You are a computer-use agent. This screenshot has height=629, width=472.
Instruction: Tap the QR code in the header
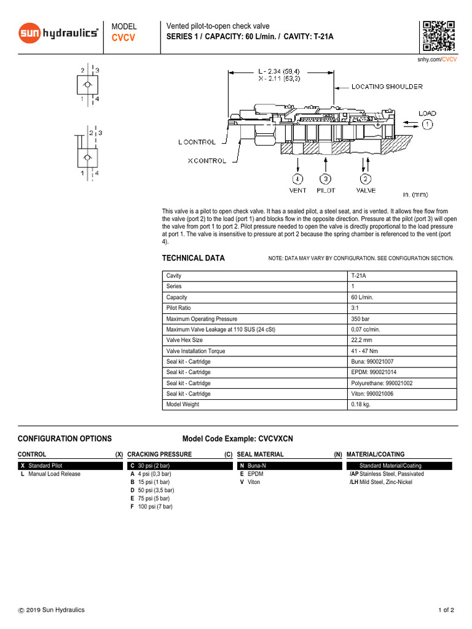tap(438, 36)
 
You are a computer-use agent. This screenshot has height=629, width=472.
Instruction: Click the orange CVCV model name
tap(124, 38)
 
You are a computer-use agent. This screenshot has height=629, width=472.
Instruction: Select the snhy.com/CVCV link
tap(436, 60)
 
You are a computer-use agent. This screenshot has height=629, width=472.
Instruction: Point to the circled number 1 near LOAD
tap(427, 124)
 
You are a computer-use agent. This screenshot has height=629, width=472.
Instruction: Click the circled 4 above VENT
tap(297, 179)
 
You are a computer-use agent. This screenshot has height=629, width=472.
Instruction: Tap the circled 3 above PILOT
tap(326, 179)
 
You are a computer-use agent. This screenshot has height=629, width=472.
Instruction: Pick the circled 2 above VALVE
tap(365, 179)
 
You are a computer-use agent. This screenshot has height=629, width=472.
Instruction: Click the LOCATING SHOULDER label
tap(387, 87)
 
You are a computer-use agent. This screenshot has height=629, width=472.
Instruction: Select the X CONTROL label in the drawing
tap(206, 161)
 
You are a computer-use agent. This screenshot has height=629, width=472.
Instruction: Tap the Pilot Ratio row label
tap(179, 308)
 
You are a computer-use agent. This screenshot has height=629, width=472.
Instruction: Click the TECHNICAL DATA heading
tap(193, 258)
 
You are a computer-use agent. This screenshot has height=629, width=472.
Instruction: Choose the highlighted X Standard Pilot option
tap(71, 466)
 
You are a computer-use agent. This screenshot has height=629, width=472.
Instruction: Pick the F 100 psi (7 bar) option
tap(151, 507)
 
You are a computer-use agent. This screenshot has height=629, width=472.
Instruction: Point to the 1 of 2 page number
tap(446, 610)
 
